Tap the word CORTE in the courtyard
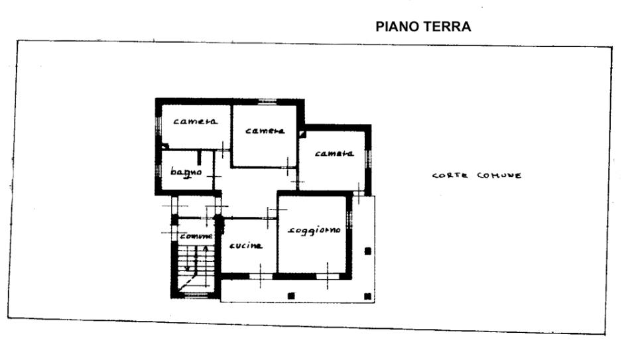(x=450, y=176)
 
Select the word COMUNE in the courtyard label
(x=499, y=176)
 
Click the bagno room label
(x=185, y=172)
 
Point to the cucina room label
(x=245, y=246)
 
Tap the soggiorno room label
(x=314, y=230)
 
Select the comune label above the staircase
(x=196, y=236)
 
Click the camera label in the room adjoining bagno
(x=196, y=121)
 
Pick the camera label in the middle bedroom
(x=265, y=131)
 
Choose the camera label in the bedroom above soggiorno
(x=334, y=154)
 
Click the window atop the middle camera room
(x=267, y=101)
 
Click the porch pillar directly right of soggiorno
(x=368, y=251)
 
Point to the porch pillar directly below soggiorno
(x=290, y=295)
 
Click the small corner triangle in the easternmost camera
(x=302, y=134)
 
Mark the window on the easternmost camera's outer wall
(x=369, y=158)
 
